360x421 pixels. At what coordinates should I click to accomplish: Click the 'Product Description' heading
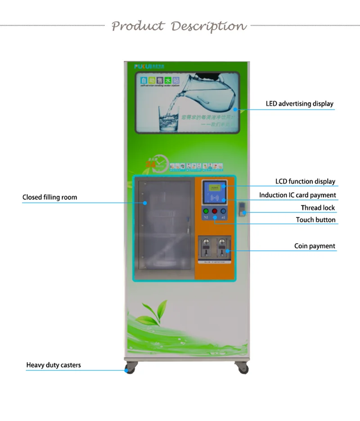179,26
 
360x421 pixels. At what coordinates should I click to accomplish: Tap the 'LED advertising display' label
299,104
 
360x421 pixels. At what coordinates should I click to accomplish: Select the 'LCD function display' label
305,181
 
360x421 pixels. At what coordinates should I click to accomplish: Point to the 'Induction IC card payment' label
297,195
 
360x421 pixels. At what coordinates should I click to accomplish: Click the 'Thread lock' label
318,208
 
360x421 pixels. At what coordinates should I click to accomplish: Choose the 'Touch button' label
315,220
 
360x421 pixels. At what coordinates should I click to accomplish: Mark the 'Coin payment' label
315,246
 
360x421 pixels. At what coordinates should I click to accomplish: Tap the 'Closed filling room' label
49,197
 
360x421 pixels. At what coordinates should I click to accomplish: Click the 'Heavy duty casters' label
54,365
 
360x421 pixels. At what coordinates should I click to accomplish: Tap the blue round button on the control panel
223,211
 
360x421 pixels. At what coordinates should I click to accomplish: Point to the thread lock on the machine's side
243,208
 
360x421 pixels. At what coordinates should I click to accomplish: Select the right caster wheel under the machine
242,368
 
